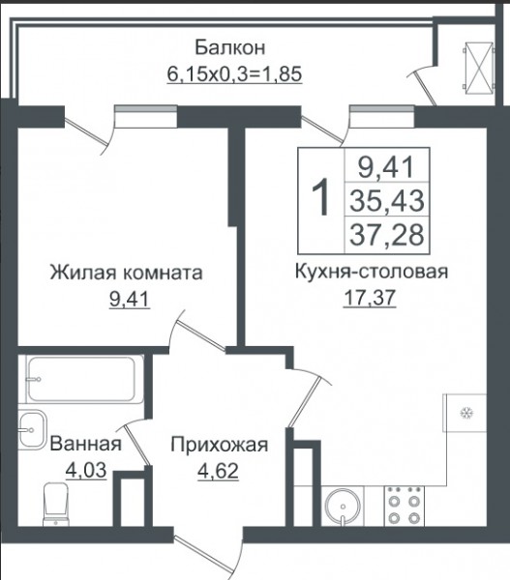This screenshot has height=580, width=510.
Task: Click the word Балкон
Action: tap(230, 47)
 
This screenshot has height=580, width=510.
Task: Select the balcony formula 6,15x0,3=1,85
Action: tap(234, 73)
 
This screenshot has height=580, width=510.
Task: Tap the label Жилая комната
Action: tap(127, 273)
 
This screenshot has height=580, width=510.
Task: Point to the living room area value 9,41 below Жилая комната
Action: tap(130, 300)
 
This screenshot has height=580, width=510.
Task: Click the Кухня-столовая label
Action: tap(372, 272)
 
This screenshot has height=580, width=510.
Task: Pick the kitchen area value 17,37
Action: tap(370, 298)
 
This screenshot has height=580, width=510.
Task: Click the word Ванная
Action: tap(85, 443)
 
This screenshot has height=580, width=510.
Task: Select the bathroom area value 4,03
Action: tap(86, 470)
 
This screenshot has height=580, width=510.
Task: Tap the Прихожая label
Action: tap(220, 445)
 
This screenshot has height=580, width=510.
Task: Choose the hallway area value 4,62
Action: tap(218, 471)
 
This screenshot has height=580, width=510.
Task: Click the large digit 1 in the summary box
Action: tap(320, 196)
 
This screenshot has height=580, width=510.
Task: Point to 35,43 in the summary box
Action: tap(387, 200)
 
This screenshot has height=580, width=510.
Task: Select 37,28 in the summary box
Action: tap(387, 235)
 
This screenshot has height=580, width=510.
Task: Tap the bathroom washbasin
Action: tap(33, 430)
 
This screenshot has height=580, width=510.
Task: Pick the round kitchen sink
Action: tap(343, 507)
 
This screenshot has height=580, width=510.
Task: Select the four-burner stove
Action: tap(405, 506)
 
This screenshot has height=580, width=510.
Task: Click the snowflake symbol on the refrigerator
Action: tap(465, 413)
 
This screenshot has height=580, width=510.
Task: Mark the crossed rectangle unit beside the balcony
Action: tap(479, 67)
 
